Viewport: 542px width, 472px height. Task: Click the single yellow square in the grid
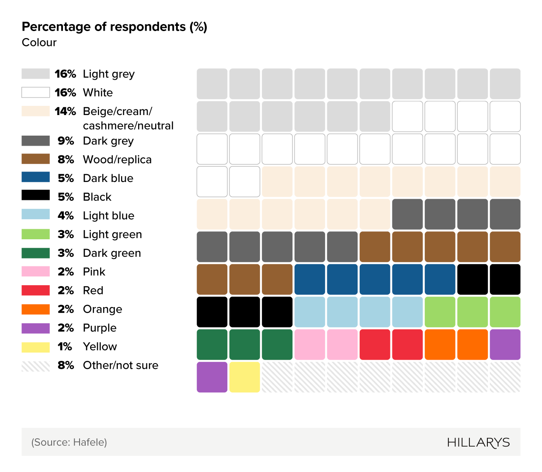[244, 377]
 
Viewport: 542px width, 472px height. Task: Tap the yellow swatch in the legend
[36, 347]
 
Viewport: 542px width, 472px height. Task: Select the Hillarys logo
[478, 442]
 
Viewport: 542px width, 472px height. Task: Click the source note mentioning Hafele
[69, 442]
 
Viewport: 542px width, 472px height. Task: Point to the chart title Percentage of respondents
[115, 27]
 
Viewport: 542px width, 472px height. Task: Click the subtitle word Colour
[39, 42]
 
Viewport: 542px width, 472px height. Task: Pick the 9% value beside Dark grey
[66, 141]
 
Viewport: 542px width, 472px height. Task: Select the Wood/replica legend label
[117, 160]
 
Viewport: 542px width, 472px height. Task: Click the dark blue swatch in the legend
[36, 177]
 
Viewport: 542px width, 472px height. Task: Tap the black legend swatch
[36, 196]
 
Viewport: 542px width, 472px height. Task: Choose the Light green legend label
[112, 234]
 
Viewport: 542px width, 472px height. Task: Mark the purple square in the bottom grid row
[212, 377]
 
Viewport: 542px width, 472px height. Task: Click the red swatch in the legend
[36, 290]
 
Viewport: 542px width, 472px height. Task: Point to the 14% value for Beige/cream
[65, 112]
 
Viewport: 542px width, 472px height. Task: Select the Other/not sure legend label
[121, 365]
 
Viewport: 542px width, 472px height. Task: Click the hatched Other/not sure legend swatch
[36, 366]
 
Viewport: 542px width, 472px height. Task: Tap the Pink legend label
[94, 272]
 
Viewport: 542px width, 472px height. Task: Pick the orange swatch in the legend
[36, 309]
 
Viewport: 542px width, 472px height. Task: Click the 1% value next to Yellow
[65, 347]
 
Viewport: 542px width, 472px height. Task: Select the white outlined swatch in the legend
[36, 92]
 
